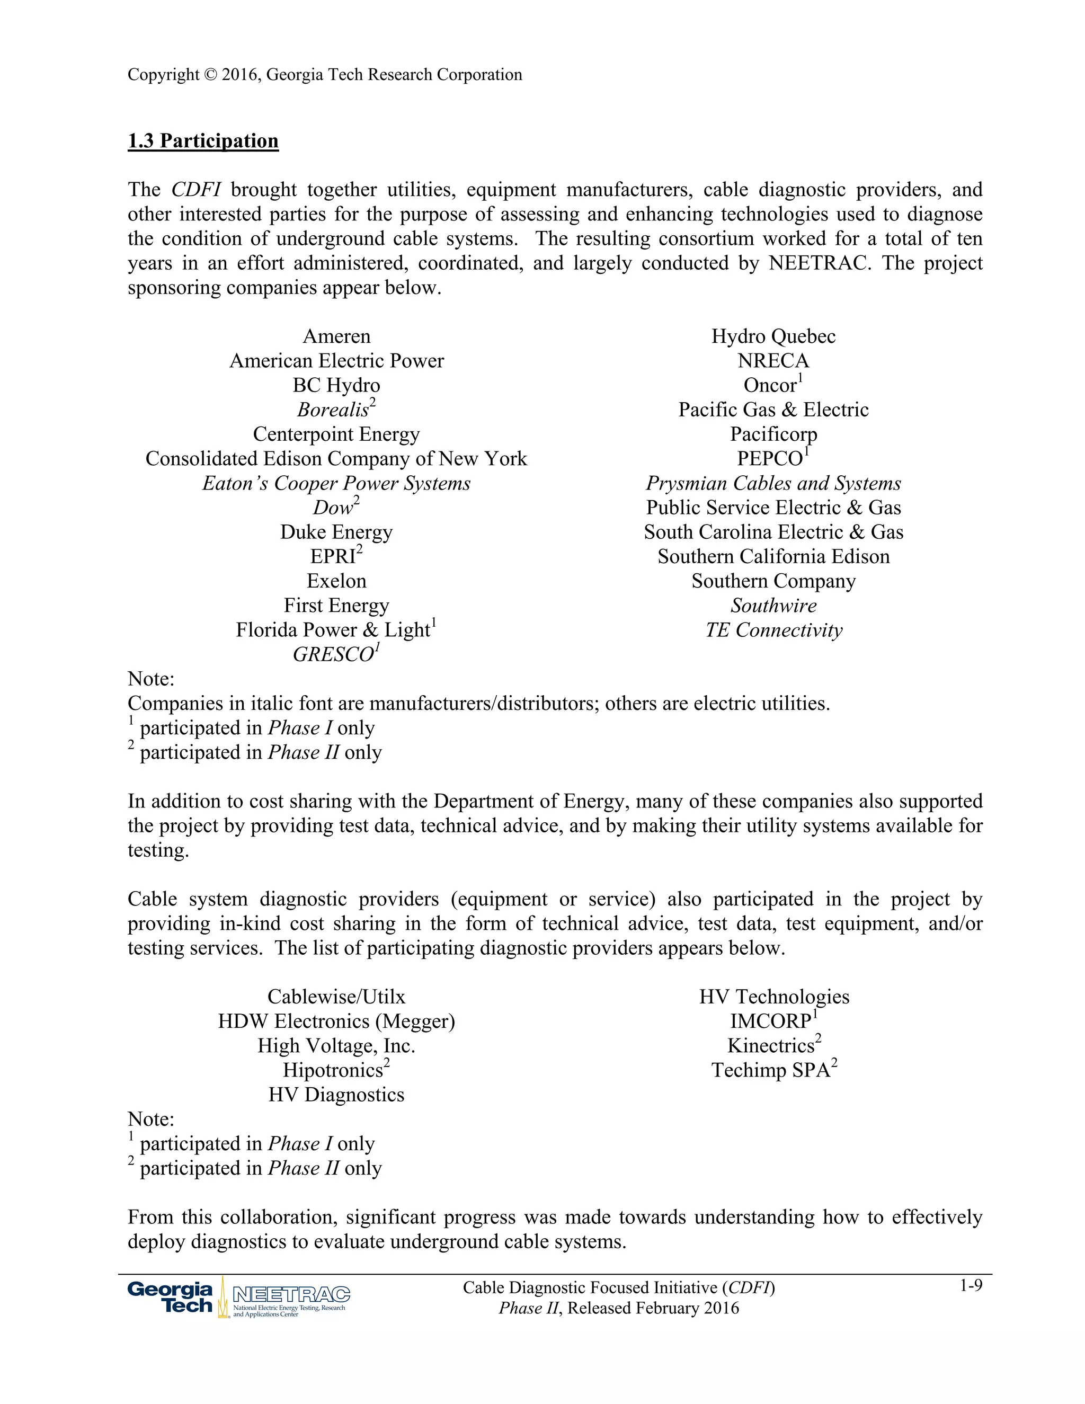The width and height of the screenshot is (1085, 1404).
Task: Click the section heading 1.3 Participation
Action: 203,141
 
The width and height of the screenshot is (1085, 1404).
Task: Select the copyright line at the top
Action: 325,75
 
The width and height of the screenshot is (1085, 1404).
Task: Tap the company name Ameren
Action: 336,336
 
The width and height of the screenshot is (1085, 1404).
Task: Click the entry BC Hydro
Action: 336,385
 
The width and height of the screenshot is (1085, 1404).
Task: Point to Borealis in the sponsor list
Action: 333,410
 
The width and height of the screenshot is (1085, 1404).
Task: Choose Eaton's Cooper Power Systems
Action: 336,483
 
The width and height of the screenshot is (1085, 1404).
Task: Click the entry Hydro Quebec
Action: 773,336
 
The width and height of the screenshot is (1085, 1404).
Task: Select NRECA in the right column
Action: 773,361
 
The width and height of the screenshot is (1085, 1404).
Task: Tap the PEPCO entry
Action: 769,459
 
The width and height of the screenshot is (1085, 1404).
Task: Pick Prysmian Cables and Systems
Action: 773,483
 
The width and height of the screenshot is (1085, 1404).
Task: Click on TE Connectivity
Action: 773,630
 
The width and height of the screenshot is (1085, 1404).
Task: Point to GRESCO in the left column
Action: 333,654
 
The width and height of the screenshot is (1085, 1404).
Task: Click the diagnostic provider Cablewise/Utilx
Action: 336,997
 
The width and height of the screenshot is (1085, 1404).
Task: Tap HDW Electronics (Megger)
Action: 336,1021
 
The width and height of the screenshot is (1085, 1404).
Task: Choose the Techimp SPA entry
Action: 771,1070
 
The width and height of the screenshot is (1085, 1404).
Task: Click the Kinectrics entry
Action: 771,1046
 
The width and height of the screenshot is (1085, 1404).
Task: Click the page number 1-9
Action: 971,1286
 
